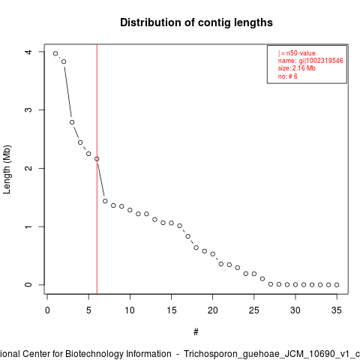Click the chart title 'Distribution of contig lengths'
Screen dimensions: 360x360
tap(196, 22)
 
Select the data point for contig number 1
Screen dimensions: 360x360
tap(55, 53)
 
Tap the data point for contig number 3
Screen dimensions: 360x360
tap(72, 122)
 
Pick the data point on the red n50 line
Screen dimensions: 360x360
tap(97, 159)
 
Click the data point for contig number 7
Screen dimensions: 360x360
tap(105, 201)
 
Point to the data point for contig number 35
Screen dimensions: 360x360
tap(337, 285)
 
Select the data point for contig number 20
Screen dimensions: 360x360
tap(213, 254)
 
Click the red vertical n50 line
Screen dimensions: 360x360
tap(97, 169)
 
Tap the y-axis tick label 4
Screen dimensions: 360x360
tap(28, 52)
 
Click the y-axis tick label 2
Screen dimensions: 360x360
tap(28, 168)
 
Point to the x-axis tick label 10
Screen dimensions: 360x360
tap(130, 310)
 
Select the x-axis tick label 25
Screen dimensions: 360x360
tap(254, 310)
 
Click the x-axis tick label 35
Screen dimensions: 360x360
tap(337, 310)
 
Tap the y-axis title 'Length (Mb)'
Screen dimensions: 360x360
tap(7, 169)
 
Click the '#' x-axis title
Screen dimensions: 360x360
tap(196, 332)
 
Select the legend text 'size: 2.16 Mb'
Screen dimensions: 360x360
tap(297, 68)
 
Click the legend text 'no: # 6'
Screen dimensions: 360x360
tap(288, 76)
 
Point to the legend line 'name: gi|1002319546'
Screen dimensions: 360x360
tap(310, 61)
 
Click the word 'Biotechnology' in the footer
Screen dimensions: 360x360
tap(94, 354)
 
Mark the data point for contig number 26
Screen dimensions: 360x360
tap(262, 279)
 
